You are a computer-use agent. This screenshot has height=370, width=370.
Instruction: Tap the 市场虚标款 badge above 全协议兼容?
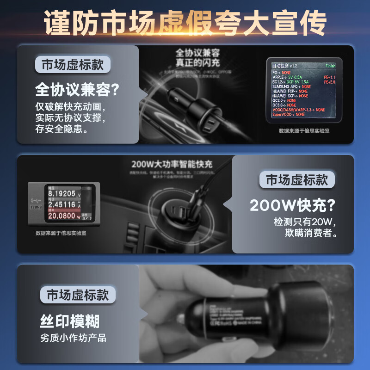pyautogui.click(x=73, y=65)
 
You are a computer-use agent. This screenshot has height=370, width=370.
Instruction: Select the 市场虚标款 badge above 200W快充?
pyautogui.click(x=297, y=180)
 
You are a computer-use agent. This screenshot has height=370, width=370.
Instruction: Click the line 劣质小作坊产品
pyautogui.click(x=73, y=338)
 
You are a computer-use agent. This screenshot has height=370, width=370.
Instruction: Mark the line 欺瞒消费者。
pyautogui.click(x=311, y=233)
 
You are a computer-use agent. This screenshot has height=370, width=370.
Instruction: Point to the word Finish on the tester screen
pyautogui.click(x=330, y=66)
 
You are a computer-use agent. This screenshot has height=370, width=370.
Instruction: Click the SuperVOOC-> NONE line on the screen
pyautogui.click(x=289, y=114)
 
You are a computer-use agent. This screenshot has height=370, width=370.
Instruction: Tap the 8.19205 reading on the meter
pyautogui.click(x=62, y=193)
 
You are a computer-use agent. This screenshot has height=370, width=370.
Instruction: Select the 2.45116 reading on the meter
pyautogui.click(x=62, y=204)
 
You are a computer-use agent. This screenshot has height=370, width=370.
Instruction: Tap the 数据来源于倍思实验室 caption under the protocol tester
pyautogui.click(x=304, y=131)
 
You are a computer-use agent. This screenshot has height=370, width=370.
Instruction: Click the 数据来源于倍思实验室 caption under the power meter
pyautogui.click(x=61, y=233)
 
